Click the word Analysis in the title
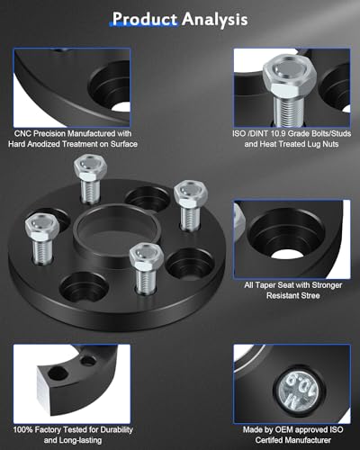213,17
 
